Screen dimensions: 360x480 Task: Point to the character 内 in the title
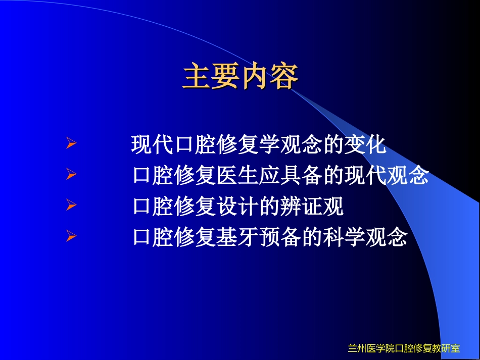coord(255,77)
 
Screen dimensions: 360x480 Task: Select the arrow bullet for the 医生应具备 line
coord(71,175)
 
